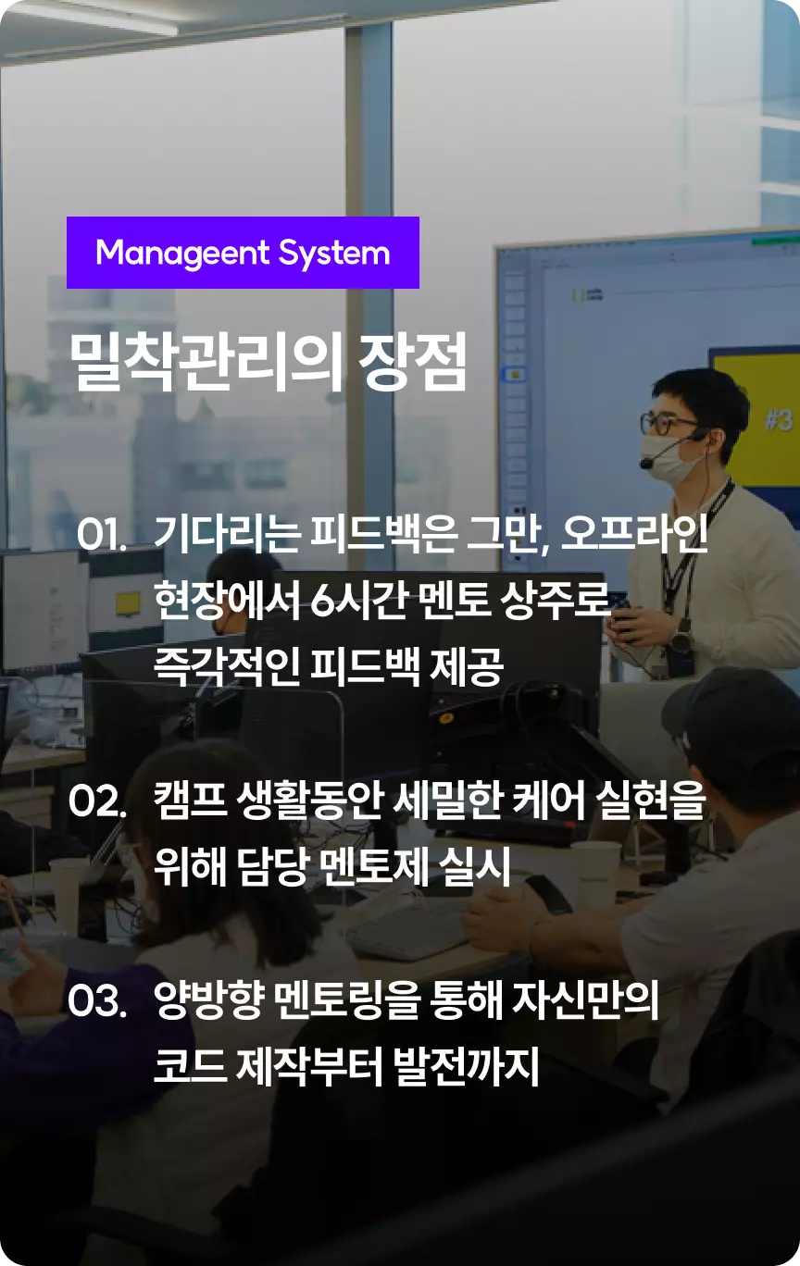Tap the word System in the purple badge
pyautogui.click(x=334, y=254)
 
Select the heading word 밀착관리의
pyautogui.click(x=206, y=362)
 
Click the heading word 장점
pyautogui.click(x=413, y=362)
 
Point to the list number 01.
pyautogui.click(x=102, y=535)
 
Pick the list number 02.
pyautogui.click(x=97, y=801)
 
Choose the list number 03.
pyautogui.click(x=97, y=1000)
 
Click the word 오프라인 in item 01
pyautogui.click(x=634, y=534)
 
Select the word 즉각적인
pyautogui.click(x=227, y=666)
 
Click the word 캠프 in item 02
pyautogui.click(x=190, y=801)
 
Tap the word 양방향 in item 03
pyautogui.click(x=209, y=999)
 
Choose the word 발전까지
pyautogui.click(x=466, y=1066)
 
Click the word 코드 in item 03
pyautogui.click(x=190, y=1066)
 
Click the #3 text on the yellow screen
pyautogui.click(x=779, y=420)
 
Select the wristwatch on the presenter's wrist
pyautogui.click(x=681, y=639)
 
